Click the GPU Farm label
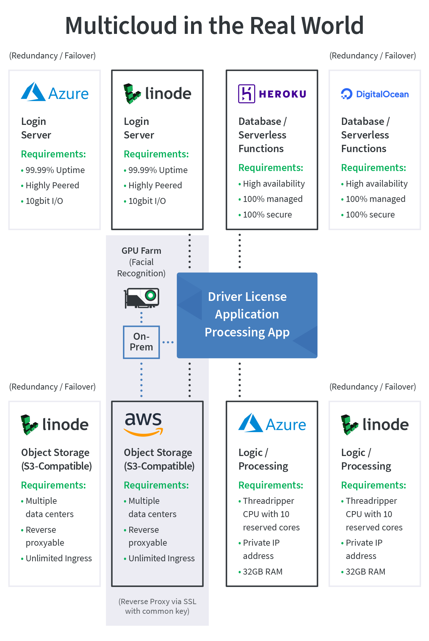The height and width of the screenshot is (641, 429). [x=141, y=251]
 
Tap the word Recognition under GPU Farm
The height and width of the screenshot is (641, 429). [x=141, y=273]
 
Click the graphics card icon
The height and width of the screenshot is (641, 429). [x=142, y=298]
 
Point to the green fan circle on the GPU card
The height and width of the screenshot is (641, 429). [x=151, y=295]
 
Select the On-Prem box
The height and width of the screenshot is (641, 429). [x=141, y=342]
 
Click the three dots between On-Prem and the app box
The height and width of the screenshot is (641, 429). [x=168, y=342]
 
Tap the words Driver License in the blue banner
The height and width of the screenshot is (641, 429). [x=247, y=297]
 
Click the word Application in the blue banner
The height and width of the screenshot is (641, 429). [x=247, y=314]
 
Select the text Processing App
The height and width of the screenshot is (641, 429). [x=247, y=332]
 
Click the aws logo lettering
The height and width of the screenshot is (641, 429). [x=143, y=419]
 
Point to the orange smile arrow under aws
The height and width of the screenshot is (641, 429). [x=143, y=433]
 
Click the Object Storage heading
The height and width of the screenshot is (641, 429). [x=158, y=452]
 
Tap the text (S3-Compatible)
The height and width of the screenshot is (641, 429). [x=159, y=466]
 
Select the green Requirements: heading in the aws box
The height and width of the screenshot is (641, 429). [x=156, y=485]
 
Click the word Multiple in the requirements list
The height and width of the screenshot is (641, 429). [x=144, y=501]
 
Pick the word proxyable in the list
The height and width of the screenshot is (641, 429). [x=148, y=543]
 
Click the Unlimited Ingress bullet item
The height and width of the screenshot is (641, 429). [x=161, y=558]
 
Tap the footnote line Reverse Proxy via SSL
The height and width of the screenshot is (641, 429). [x=157, y=601]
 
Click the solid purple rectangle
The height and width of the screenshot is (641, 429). [x=277, y=94]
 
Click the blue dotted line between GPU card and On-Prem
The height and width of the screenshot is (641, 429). [x=141, y=317]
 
